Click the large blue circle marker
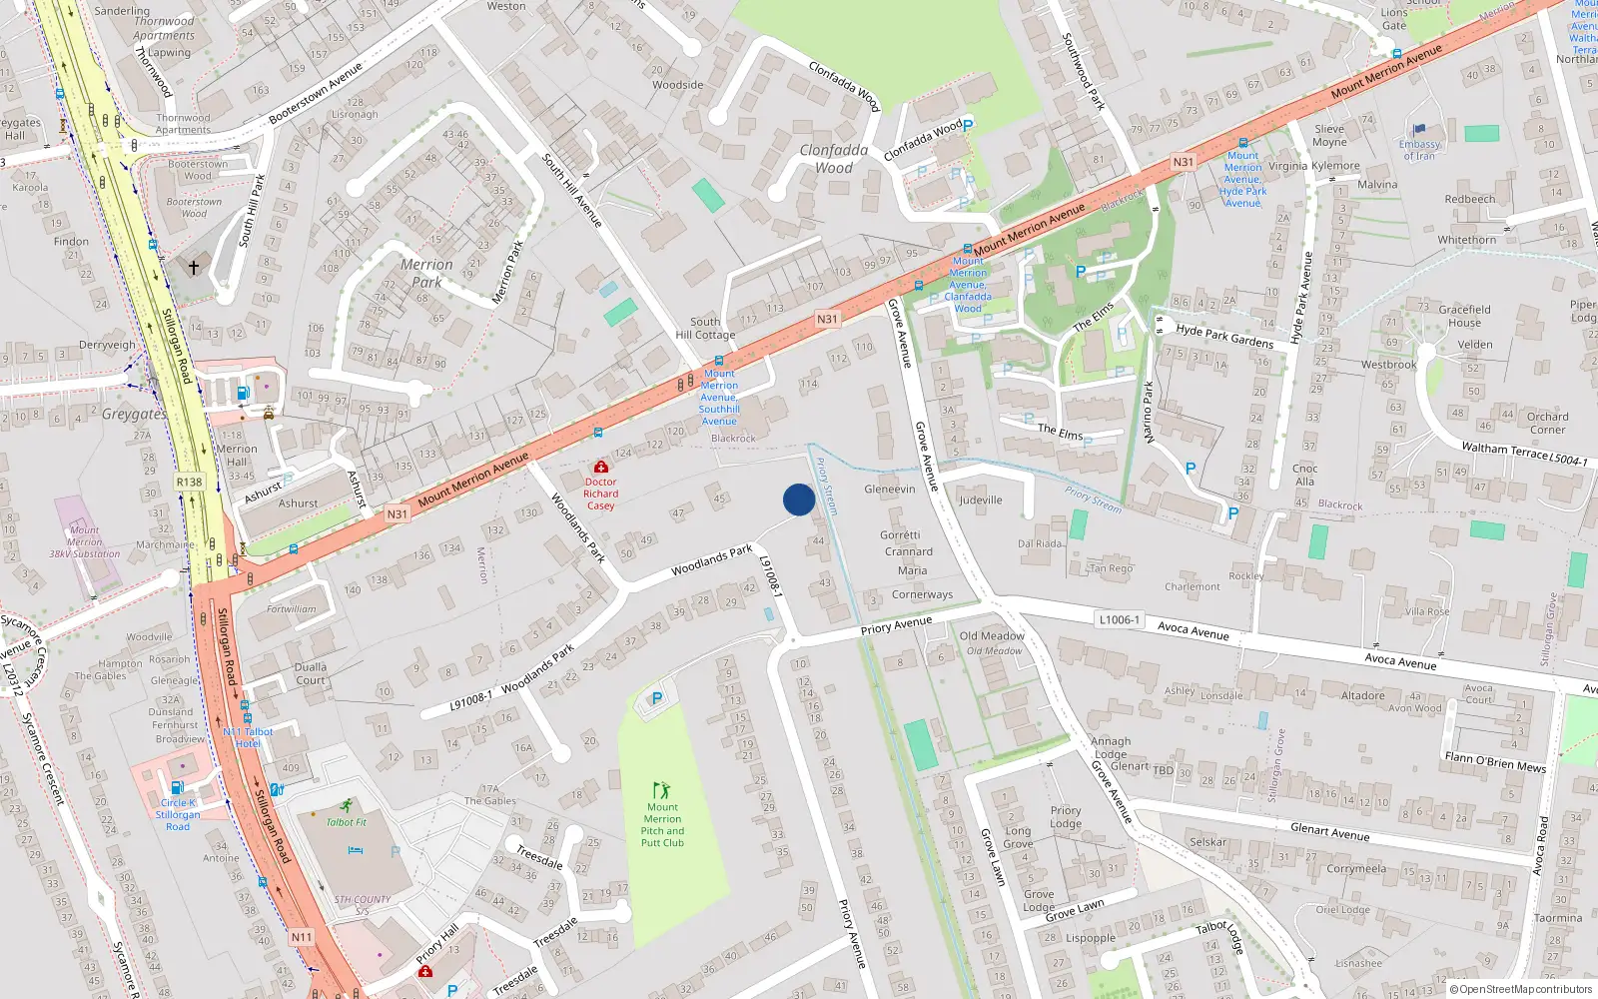(x=799, y=499)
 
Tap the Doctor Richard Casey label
(x=601, y=494)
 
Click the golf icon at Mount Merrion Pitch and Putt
(x=661, y=790)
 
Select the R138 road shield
(x=189, y=482)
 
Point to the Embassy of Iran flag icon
(x=1419, y=129)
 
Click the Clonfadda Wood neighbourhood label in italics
(x=834, y=159)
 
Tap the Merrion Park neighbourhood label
(x=426, y=273)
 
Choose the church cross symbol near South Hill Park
(x=194, y=267)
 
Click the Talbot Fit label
(x=347, y=822)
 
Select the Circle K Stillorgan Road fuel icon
(x=177, y=787)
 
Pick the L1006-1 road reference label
(x=1119, y=619)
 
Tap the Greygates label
(x=134, y=414)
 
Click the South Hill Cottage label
(x=705, y=328)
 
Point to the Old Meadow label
(x=992, y=635)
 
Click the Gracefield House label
(x=1464, y=316)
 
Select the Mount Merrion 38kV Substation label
(x=85, y=542)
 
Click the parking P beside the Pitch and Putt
(x=656, y=699)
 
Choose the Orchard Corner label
(x=1547, y=423)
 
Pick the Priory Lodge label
(x=1066, y=817)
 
